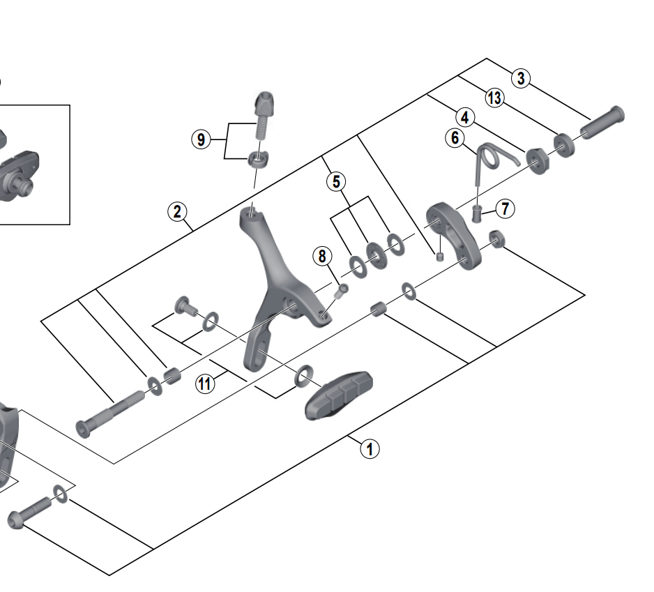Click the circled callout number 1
pyautogui.click(x=370, y=448)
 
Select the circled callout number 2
pyautogui.click(x=177, y=211)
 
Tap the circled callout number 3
pyautogui.click(x=521, y=78)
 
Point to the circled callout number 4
pyautogui.click(x=464, y=117)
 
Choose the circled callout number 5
pyautogui.click(x=336, y=182)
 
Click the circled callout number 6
pyautogui.click(x=455, y=138)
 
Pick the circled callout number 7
pyautogui.click(x=505, y=208)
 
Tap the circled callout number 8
pyautogui.click(x=322, y=256)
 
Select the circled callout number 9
pyautogui.click(x=201, y=139)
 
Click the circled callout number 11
pyautogui.click(x=204, y=383)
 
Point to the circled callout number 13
pyautogui.click(x=494, y=98)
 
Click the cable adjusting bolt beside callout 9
pyautogui.click(x=263, y=115)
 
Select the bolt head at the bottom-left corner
pyautogui.click(x=17, y=519)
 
